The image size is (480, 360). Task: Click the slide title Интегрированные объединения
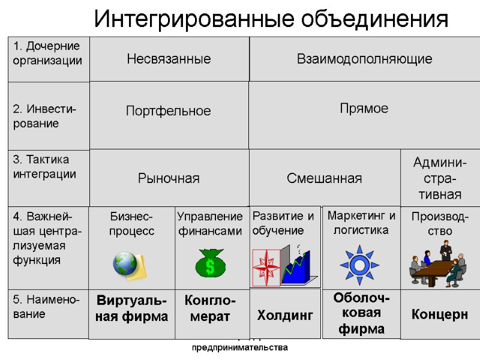click(x=271, y=19)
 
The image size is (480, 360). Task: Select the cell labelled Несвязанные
click(x=169, y=59)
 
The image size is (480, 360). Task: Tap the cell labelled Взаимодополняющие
click(x=365, y=59)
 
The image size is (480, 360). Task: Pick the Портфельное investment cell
click(x=169, y=111)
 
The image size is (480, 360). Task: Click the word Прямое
click(x=364, y=109)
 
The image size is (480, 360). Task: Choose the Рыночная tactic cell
click(x=169, y=178)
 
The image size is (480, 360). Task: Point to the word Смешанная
click(x=324, y=178)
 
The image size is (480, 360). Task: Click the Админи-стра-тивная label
click(x=438, y=178)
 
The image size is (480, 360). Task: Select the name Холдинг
click(x=285, y=315)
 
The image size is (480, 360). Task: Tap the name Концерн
click(x=439, y=314)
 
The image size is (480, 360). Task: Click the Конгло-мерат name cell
click(x=210, y=308)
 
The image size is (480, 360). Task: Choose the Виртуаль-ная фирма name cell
click(x=131, y=308)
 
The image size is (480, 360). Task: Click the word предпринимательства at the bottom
click(x=240, y=347)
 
